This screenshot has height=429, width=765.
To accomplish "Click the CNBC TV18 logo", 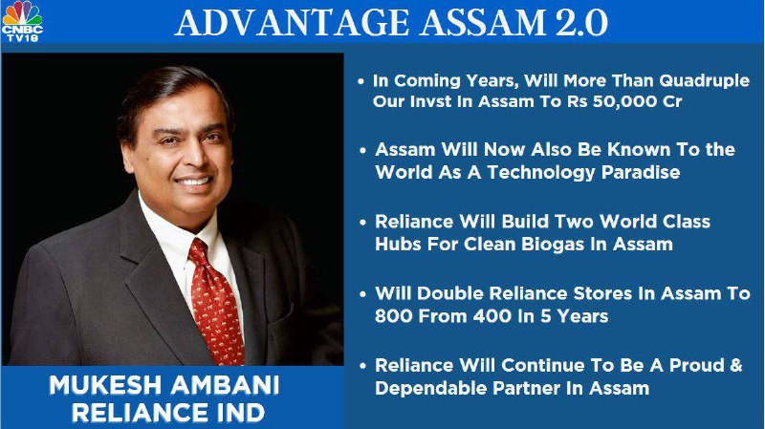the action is [x=22, y=21].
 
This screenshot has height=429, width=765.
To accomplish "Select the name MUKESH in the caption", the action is [x=105, y=385].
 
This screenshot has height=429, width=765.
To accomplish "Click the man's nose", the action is [x=195, y=156].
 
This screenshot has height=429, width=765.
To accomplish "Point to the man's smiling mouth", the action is [x=194, y=182].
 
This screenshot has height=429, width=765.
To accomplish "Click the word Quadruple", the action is [x=704, y=81].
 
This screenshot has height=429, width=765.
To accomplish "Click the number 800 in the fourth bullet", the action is [x=394, y=316].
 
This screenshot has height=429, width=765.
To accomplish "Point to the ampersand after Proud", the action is [x=735, y=365].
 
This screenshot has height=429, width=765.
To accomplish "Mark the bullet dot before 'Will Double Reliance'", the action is [x=362, y=294].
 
